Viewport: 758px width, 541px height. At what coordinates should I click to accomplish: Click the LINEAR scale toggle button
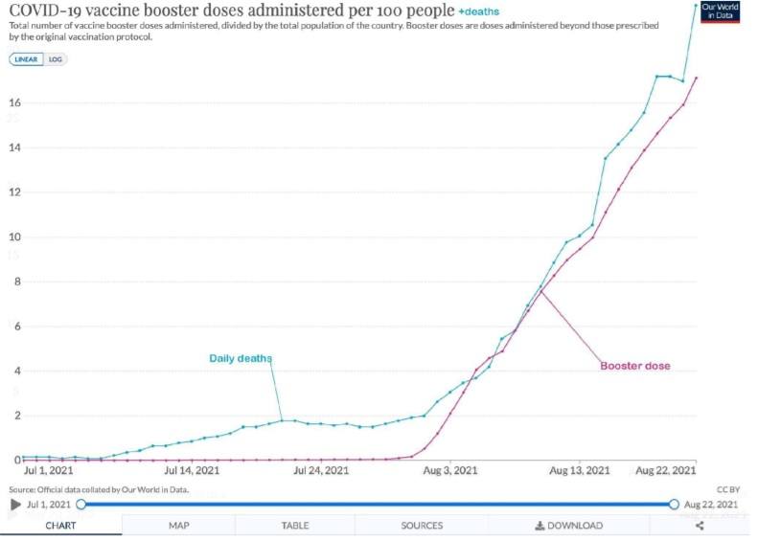tap(27, 59)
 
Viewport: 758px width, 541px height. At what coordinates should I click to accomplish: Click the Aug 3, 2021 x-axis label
tap(450, 471)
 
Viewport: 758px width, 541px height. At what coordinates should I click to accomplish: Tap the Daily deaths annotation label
tap(241, 359)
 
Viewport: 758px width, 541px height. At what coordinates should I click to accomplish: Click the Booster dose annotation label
tap(635, 366)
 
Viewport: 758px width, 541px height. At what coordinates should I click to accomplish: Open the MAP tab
tap(179, 526)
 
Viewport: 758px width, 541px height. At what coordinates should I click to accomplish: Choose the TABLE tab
tap(295, 526)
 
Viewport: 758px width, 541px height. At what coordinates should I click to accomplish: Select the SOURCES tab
tap(422, 526)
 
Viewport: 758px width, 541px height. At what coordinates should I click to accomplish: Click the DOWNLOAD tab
tap(569, 526)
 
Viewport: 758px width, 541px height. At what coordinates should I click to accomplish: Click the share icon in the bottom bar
tap(700, 526)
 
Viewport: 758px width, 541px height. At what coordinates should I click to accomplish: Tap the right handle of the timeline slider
tap(674, 504)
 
